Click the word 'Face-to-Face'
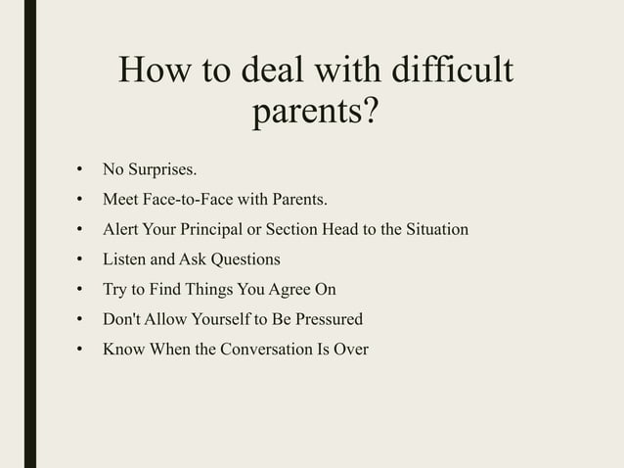point(184,201)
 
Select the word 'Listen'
point(125,259)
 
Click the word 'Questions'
point(245,259)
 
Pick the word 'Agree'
point(290,289)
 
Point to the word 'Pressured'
point(327,318)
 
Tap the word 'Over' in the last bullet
point(350,348)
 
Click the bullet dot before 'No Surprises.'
point(80,172)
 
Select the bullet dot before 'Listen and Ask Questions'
point(80,260)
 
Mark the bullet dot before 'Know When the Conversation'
point(80,349)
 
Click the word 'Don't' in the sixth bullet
point(122,318)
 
